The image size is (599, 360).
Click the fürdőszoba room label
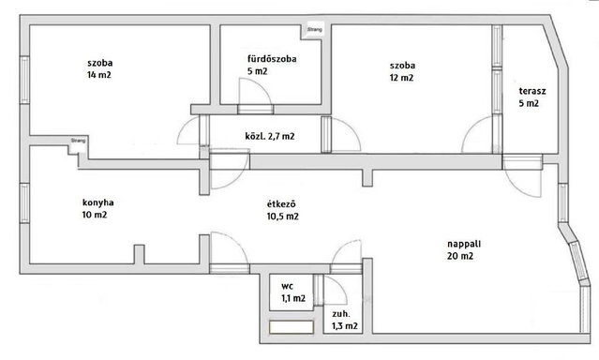272,59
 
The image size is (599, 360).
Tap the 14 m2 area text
99,75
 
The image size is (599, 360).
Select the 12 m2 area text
401,78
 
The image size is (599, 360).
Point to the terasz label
532,91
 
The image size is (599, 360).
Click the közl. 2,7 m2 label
270,136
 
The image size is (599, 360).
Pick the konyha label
97,202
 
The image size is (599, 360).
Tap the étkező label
281,204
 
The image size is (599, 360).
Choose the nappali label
464,244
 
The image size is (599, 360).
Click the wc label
287,286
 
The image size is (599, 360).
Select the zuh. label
341,314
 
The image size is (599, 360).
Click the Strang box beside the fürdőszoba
315,29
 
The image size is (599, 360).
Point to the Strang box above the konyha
79,141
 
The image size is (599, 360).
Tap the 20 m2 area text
460,256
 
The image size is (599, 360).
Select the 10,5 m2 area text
283,217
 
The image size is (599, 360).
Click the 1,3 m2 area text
345,326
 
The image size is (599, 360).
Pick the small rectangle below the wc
292,327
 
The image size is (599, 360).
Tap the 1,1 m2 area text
293,298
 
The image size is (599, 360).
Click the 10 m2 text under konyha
95,215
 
